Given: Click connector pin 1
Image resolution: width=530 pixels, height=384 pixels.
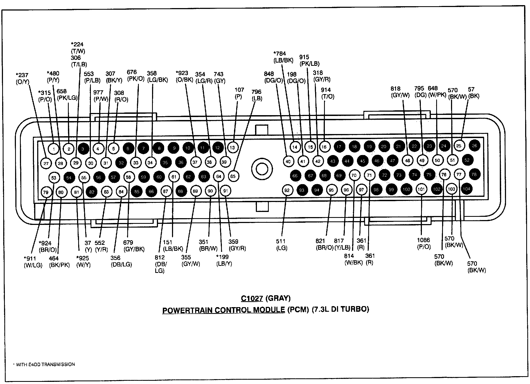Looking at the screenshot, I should [54, 149].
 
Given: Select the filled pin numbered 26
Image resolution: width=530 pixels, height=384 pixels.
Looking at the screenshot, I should [474, 146].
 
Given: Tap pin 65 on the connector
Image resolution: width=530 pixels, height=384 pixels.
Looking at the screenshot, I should [233, 176].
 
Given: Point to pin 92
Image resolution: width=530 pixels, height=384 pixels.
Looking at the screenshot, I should [287, 190].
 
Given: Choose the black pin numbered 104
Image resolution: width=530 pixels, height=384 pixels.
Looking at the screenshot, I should [466, 189].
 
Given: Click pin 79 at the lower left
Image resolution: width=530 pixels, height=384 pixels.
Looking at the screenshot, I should [46, 192].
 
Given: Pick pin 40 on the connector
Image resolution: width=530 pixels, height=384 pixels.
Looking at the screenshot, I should [288, 161].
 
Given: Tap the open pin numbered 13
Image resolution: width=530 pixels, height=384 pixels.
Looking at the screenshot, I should [232, 148].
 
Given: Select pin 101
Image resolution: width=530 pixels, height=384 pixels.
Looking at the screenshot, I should [421, 189].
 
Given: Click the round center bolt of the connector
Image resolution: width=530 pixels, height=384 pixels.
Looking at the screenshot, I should [261, 169].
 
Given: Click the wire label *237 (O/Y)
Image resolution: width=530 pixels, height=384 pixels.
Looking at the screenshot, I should [22, 78].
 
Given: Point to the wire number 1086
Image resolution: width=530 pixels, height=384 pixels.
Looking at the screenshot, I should [423, 240].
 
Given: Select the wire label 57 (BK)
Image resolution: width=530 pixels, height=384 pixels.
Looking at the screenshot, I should [473, 92].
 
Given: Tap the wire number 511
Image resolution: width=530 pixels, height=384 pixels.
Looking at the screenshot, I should [281, 241].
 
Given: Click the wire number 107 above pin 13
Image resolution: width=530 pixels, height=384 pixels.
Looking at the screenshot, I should [239, 90].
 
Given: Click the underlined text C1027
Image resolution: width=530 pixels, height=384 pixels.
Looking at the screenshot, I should [252, 299].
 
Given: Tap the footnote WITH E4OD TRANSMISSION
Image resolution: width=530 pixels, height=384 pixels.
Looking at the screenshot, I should [44, 364].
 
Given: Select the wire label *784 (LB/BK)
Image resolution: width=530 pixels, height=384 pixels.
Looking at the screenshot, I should [283, 57].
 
